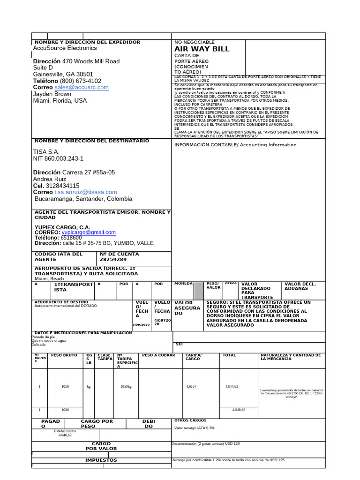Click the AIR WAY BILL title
tap(202, 49)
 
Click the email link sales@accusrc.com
tap(81, 87)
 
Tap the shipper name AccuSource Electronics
tap(65, 48)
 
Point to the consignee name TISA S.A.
tap(46, 152)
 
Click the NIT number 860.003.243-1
tap(58, 159)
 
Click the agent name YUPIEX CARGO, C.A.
tap(62, 227)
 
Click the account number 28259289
tap(113, 259)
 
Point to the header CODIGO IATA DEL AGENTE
tap(58, 256)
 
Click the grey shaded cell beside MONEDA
tap(199, 290)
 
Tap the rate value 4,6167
tap(191, 386)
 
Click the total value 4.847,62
tap(232, 386)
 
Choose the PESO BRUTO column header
tap(64, 355)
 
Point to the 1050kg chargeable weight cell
tap(126, 387)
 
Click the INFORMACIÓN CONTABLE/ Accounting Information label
tap(235, 145)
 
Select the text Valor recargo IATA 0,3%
tap(195, 428)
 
